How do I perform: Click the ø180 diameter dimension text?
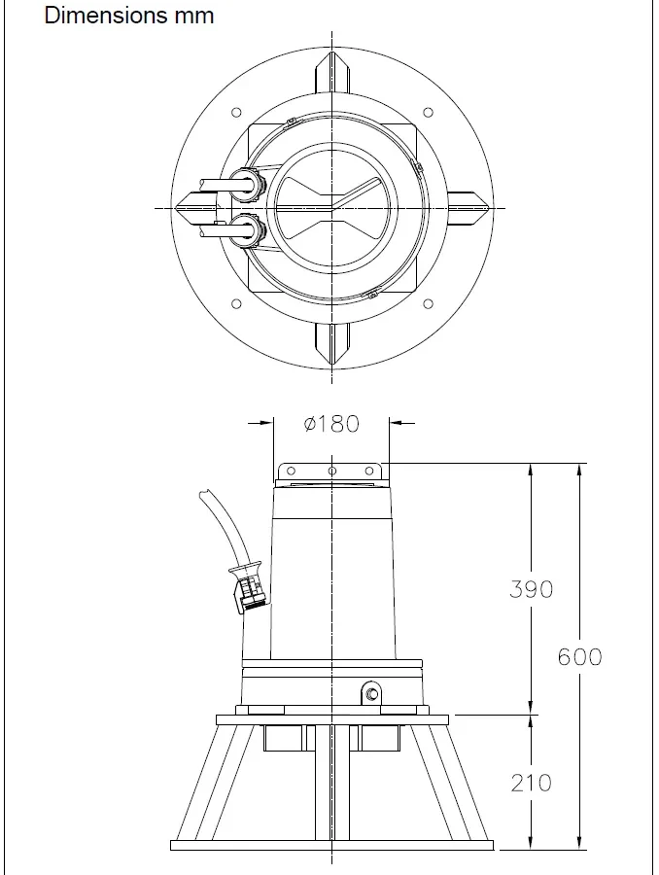331,424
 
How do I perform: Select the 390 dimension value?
531,589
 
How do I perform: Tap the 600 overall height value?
579,657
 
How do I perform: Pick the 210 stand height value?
531,782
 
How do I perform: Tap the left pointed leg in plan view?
194,207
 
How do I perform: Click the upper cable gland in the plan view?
248,184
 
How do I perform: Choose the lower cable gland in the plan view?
248,230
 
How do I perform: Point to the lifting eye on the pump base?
370,694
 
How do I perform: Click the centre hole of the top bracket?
331,472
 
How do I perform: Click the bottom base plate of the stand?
331,844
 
